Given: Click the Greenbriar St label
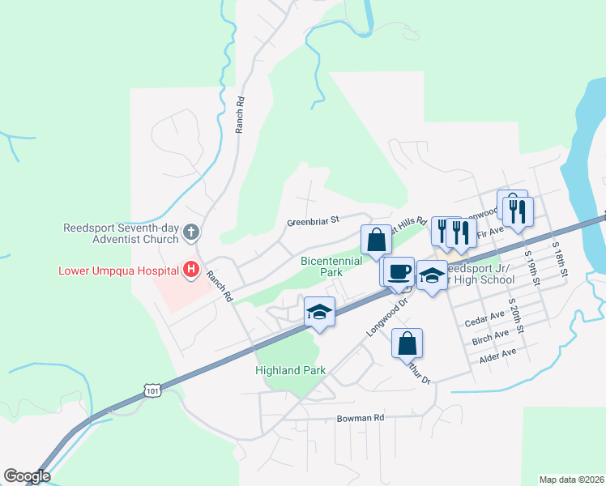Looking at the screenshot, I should coord(312,221).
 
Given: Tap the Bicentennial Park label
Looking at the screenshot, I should coord(331,267).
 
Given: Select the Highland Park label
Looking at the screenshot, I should coord(290,370).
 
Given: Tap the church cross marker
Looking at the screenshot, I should coord(190,233).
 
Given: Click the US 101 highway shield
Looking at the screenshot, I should coord(153,391).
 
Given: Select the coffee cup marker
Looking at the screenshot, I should coord(398,271).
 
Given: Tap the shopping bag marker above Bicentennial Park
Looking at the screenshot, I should coord(376,240).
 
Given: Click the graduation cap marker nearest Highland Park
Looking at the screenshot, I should coord(320,313).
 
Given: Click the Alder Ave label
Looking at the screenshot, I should coord(497,353).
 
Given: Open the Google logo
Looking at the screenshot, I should coord(27,476).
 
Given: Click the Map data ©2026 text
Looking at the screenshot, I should coord(571,479).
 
